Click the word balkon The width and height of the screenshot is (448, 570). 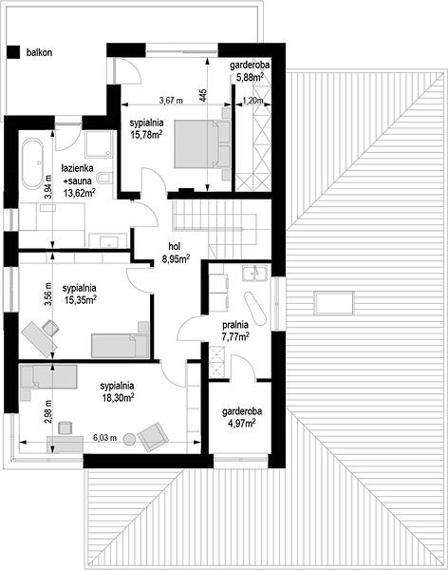39,52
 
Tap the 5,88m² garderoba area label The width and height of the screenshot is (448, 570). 250,77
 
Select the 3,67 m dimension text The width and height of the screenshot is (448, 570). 171,101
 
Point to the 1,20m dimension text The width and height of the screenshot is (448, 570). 252,101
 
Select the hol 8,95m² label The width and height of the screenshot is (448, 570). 176,253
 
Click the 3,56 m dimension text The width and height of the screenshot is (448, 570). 48,294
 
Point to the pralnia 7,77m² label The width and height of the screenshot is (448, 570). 235,331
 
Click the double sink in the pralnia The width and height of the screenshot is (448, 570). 255,274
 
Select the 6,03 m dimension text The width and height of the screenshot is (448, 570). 104,438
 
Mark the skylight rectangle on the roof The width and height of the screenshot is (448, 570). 334,303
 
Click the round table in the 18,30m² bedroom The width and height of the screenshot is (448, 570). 130,440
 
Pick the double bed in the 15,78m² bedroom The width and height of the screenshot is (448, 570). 202,143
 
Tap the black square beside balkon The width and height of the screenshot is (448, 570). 13,51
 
